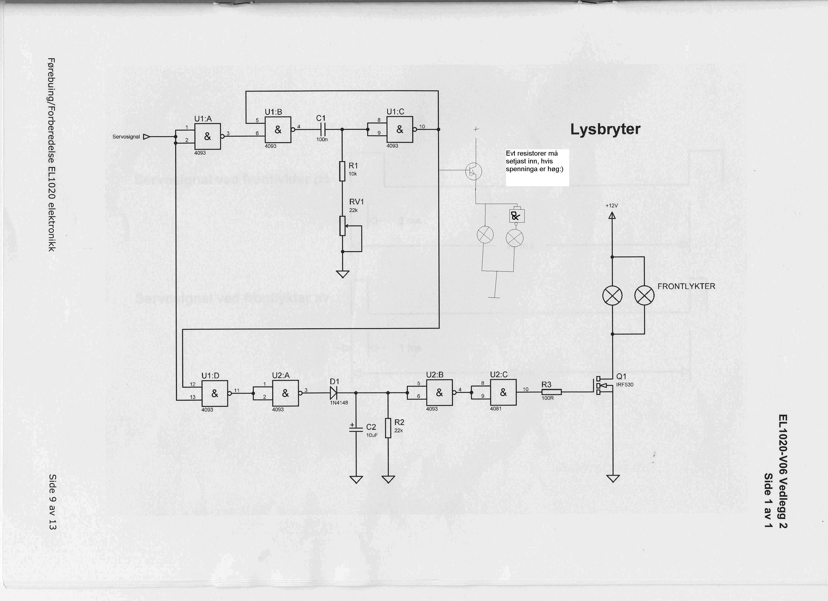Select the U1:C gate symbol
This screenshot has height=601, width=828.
coord(400,129)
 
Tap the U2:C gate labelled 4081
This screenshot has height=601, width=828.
coord(503,393)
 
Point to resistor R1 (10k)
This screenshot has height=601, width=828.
coord(342,171)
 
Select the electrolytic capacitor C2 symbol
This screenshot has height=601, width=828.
coord(356,430)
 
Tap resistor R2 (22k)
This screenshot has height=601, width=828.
coord(388,428)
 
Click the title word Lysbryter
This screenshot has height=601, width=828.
coord(605,129)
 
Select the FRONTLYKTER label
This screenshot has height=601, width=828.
coord(686,286)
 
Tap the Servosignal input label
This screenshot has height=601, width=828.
coord(126,137)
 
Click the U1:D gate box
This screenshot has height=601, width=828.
coord(215,393)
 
